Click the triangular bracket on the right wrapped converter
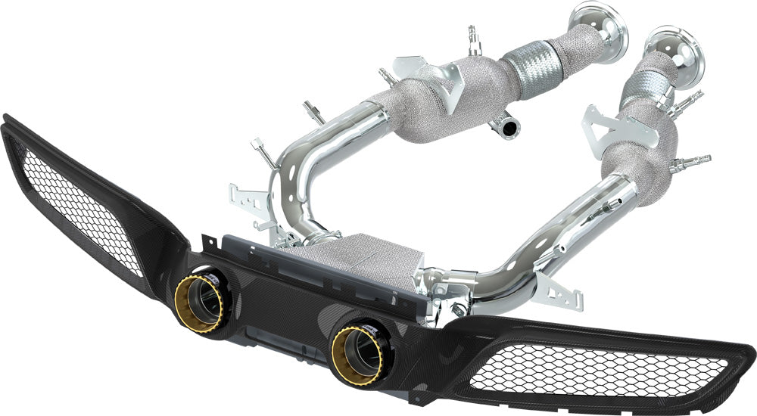click(x=598, y=129)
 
